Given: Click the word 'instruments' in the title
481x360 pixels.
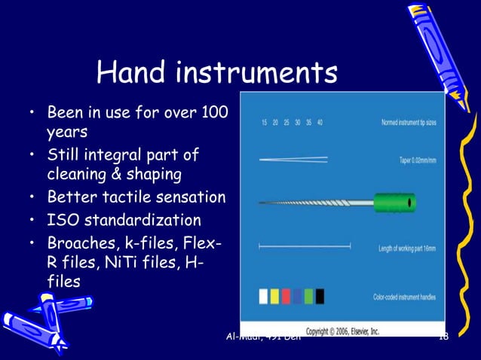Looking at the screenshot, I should click(x=257, y=72).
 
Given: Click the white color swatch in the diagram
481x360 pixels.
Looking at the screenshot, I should click(x=263, y=296).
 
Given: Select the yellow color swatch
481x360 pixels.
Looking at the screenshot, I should click(x=275, y=296).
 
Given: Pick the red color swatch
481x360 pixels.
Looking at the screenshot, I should click(x=286, y=296).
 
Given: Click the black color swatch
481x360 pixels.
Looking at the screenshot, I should click(x=320, y=296).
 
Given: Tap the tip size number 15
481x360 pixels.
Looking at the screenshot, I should click(x=265, y=122).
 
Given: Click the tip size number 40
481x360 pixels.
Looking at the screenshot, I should click(x=320, y=122).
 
